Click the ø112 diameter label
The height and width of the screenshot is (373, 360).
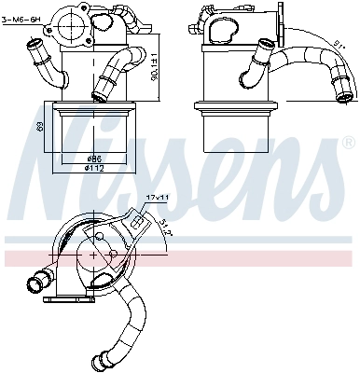click(93, 169)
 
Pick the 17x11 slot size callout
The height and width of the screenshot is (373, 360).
click(157, 197)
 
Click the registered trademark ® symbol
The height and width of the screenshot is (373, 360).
click(348, 145)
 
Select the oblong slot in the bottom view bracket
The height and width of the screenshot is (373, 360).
click(138, 221)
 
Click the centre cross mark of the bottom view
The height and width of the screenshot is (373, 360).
click(96, 253)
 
